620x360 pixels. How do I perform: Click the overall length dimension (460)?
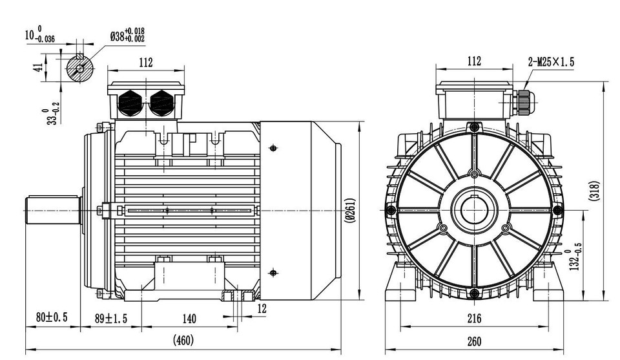click(183, 339)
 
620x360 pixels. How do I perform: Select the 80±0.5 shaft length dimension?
click(52, 318)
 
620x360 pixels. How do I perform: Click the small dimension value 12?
click(261, 309)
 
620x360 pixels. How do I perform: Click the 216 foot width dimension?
click(474, 318)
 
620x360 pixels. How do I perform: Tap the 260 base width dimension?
click(474, 341)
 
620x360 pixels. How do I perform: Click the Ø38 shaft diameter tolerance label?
click(127, 35)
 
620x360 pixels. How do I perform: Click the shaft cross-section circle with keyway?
click(81, 67)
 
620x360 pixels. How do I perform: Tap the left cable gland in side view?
click(131, 102)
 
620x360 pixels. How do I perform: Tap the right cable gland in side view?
click(161, 102)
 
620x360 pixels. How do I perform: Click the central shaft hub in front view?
click(474, 211)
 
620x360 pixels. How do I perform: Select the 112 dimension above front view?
click(474, 61)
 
